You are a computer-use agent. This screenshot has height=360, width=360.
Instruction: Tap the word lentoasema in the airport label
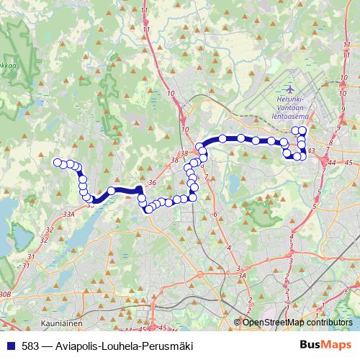(293, 114)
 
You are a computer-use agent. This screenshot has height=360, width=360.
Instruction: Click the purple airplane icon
(289, 88)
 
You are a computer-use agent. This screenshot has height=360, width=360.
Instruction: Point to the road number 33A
(69, 214)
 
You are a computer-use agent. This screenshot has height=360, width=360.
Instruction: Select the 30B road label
(5, 294)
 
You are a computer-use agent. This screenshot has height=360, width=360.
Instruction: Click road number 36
(152, 183)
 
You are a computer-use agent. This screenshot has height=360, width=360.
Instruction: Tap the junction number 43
(312, 150)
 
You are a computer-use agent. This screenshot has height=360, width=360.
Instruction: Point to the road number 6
(215, 215)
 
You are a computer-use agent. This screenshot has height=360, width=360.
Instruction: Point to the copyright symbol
(238, 323)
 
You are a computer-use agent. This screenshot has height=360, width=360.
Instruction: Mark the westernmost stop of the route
(58, 163)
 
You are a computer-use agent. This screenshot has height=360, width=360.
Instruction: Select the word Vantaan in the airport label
(293, 105)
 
